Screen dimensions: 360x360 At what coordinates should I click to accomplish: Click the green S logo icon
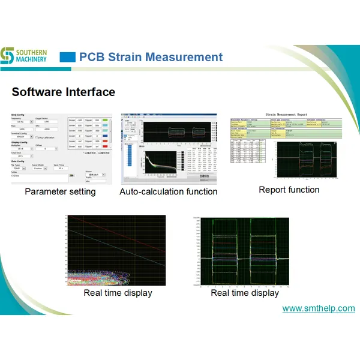click(7, 55)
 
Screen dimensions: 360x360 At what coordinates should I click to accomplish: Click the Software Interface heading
click(63, 92)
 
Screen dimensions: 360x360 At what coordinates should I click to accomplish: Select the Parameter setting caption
click(60, 191)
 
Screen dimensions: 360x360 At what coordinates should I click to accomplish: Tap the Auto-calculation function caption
click(168, 191)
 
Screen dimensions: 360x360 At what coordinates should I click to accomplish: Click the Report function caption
click(289, 190)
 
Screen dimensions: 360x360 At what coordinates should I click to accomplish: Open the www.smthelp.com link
click(319, 308)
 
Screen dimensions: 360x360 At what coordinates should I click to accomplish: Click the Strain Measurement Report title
click(286, 115)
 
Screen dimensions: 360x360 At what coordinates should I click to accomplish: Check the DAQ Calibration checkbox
click(37, 137)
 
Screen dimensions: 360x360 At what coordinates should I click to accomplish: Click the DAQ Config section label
click(17, 115)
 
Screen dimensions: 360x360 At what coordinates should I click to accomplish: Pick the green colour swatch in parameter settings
click(105, 121)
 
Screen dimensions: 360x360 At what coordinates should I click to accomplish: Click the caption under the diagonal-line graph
click(118, 293)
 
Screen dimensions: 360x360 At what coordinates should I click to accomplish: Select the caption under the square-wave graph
click(245, 293)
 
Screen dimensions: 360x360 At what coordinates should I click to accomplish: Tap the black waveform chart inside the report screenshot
click(306, 158)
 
